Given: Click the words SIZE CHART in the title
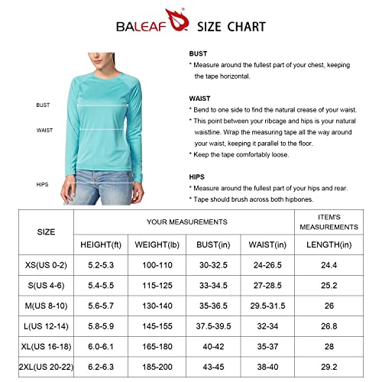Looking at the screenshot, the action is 231,26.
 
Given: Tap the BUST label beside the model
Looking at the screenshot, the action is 43,105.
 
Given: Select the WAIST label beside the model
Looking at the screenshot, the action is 44,130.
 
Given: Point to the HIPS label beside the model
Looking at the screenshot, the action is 42,184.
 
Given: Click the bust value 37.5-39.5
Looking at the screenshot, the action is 218,325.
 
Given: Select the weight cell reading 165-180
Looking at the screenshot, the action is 160,345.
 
